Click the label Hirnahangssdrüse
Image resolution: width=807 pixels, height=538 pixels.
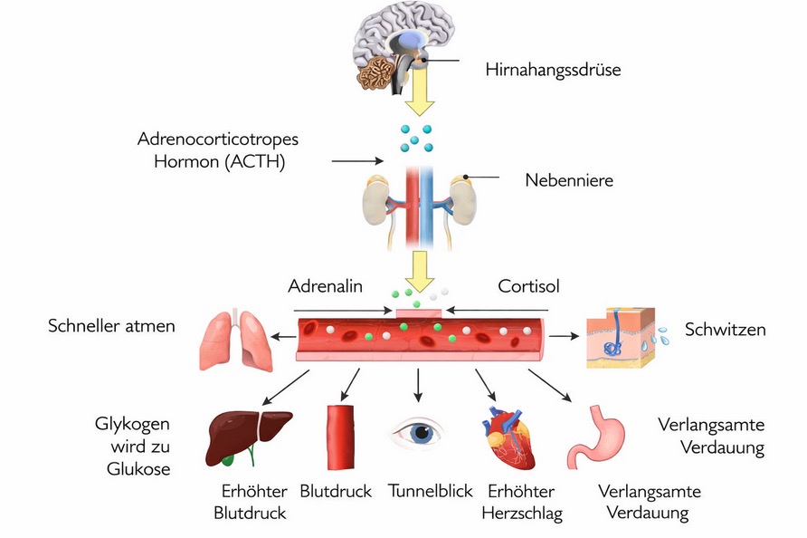coord(553,69)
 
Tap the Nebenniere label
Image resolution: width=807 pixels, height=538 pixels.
coord(569,180)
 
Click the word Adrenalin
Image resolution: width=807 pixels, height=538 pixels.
coord(325,286)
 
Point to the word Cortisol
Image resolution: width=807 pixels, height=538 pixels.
coord(529,286)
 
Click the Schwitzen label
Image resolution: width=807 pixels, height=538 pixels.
coord(725,329)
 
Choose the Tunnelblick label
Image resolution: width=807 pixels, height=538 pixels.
coord(431,492)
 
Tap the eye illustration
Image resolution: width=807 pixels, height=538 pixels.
coord(418,432)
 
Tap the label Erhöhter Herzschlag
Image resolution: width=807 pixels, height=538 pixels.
coord(525,503)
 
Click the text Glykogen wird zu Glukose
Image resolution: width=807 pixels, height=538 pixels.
coord(132,447)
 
